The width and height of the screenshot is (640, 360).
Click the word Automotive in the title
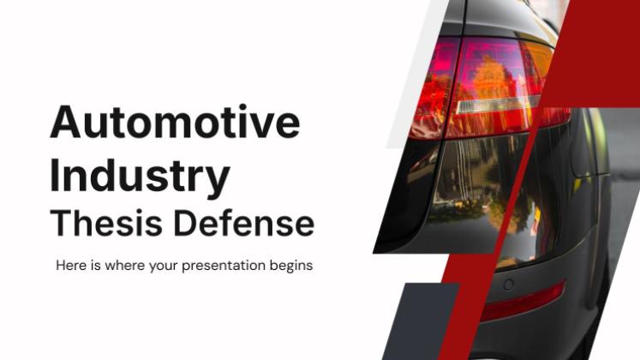point(175,122)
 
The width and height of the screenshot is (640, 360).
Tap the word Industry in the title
point(140,176)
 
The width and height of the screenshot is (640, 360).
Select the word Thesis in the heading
point(106,223)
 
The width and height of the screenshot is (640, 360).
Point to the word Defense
point(244,223)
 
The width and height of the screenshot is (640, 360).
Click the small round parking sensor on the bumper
point(509,285)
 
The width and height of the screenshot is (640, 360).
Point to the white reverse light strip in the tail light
point(496,105)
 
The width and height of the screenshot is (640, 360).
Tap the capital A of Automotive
point(65,122)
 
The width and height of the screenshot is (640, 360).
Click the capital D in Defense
point(185,223)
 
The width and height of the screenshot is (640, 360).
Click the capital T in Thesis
point(61,223)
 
